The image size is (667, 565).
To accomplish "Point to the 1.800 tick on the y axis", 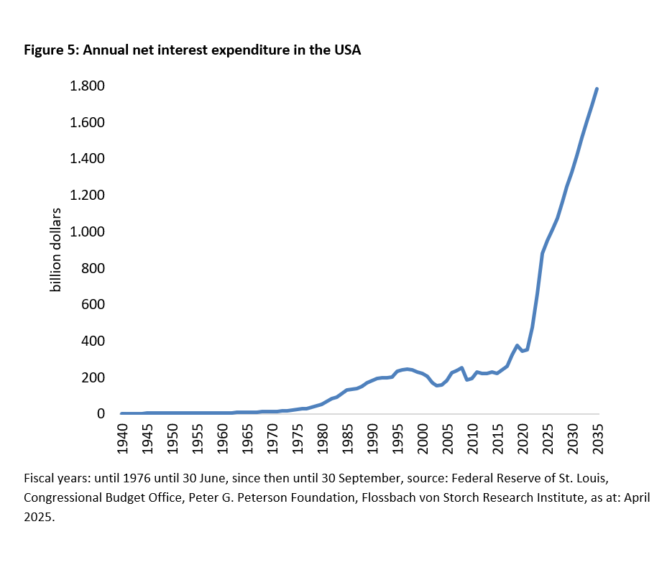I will pos(86,86).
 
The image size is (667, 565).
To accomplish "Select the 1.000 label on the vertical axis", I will pos(86,232).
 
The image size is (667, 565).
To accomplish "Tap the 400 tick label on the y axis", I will pos(93,341).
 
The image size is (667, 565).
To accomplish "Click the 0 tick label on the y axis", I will pos(101,414).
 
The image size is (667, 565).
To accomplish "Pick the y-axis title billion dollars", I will pos(55,250).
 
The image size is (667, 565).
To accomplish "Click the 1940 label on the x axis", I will pos(122,437).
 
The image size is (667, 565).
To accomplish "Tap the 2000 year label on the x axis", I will pos(423,437).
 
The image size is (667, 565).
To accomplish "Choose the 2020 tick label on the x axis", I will pos(523,437).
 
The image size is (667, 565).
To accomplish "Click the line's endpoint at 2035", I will pos(597,89).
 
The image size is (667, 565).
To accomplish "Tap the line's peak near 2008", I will pos(461,367).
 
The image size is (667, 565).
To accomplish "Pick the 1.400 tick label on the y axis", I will pos(86,159).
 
